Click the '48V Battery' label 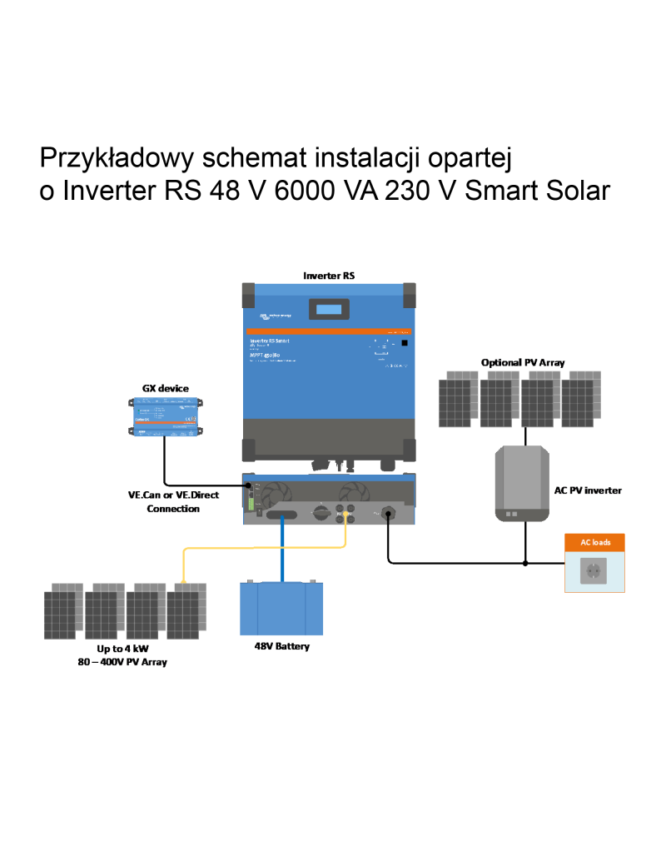[x=281, y=646]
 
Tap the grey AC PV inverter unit [x=523, y=483]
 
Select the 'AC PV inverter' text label [x=588, y=490]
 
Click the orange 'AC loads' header [x=595, y=542]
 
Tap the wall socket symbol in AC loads [x=595, y=571]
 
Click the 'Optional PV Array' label [x=523, y=362]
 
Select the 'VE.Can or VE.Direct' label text [x=173, y=495]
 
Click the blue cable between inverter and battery [x=282, y=550]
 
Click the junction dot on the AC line [x=525, y=563]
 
